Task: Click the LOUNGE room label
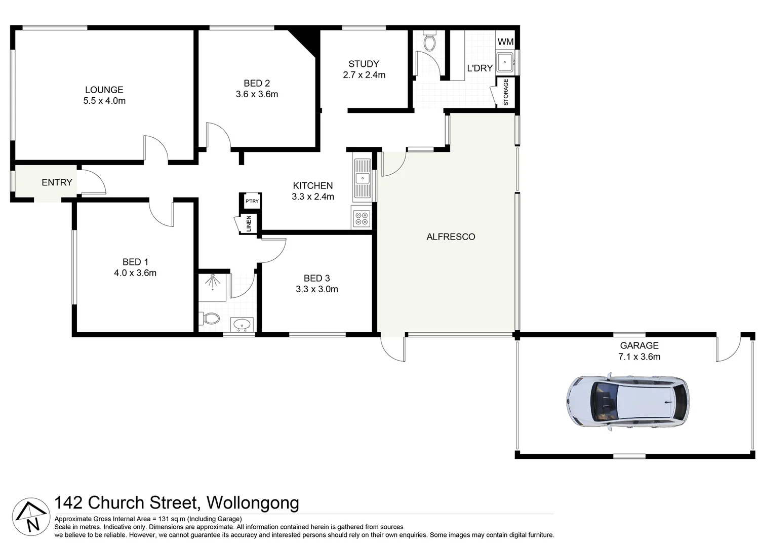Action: coord(104,90)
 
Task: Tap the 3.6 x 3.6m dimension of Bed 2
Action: coord(257,94)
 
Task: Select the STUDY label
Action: coord(364,64)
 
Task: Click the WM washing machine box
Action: coord(505,42)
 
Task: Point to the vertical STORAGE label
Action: coord(505,92)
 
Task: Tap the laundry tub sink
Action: coord(505,63)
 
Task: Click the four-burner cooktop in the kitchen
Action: coord(362,218)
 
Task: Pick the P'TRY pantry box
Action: coord(252,201)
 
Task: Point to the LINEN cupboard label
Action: coord(249,224)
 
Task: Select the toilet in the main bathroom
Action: coord(210,319)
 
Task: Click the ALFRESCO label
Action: coord(451,237)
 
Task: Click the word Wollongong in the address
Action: coord(253,503)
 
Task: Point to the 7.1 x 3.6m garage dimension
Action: coord(639,357)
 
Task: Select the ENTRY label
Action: coord(57,182)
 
